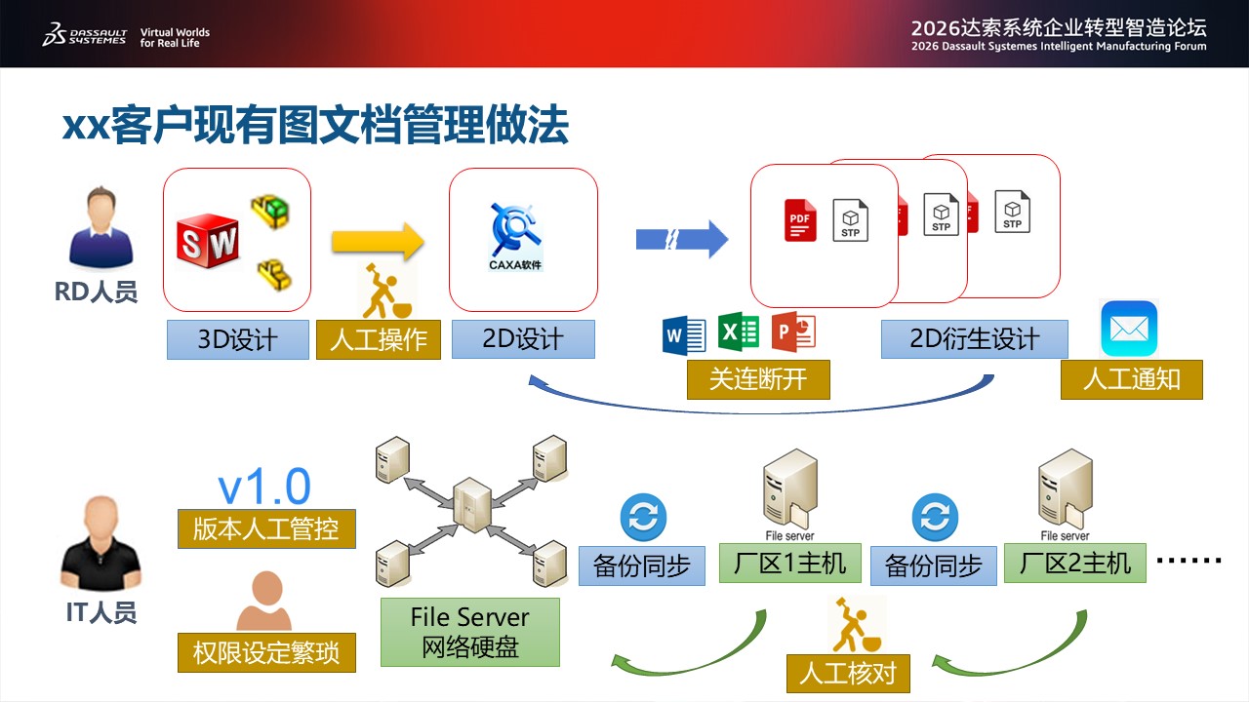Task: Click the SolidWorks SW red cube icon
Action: (x=208, y=242)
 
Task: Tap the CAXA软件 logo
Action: (x=516, y=237)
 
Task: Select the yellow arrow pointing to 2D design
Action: (x=378, y=242)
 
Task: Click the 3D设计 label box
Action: (x=238, y=339)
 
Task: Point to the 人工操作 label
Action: (x=379, y=339)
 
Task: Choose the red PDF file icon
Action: (x=800, y=220)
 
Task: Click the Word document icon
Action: (x=684, y=335)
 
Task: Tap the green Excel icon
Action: (x=739, y=331)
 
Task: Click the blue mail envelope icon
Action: (x=1129, y=329)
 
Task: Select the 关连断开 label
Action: (x=758, y=379)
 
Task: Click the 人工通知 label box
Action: (x=1132, y=379)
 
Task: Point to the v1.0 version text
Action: (x=264, y=487)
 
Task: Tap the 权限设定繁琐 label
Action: (x=266, y=652)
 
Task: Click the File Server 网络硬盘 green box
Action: (x=470, y=633)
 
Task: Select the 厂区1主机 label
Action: (x=790, y=564)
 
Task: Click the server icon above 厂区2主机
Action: (x=1065, y=489)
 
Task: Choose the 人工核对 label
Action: (x=848, y=674)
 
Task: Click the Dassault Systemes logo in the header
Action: (x=84, y=34)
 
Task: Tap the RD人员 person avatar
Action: (x=101, y=227)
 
